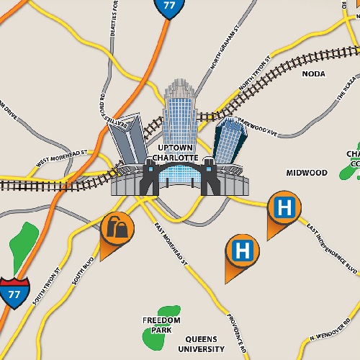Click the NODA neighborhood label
click(313, 74)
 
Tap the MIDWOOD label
click(307, 173)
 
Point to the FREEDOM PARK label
click(161, 325)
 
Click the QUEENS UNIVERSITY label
click(205, 343)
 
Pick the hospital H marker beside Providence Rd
click(243, 251)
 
